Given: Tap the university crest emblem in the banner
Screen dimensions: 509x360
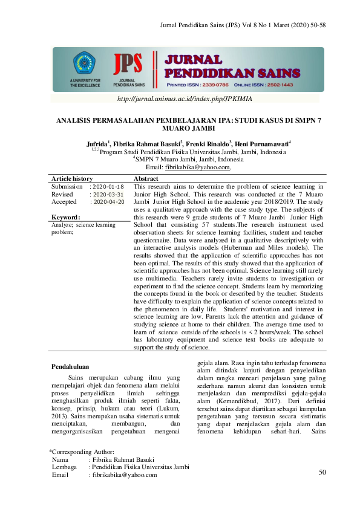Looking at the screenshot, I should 84,63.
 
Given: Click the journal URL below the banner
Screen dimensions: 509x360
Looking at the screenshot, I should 185,98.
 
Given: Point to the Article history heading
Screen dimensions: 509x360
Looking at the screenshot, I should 72,179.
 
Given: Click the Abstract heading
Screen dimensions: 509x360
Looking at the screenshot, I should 146,179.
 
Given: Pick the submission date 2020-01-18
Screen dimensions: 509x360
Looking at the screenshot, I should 108,187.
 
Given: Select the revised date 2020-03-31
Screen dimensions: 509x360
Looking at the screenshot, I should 108,195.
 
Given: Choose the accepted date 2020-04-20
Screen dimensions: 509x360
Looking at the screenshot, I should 108,202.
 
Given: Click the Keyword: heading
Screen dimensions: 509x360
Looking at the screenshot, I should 66,217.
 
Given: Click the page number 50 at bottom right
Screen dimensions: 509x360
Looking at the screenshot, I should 322,472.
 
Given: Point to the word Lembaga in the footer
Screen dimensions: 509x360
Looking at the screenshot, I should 64,467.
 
